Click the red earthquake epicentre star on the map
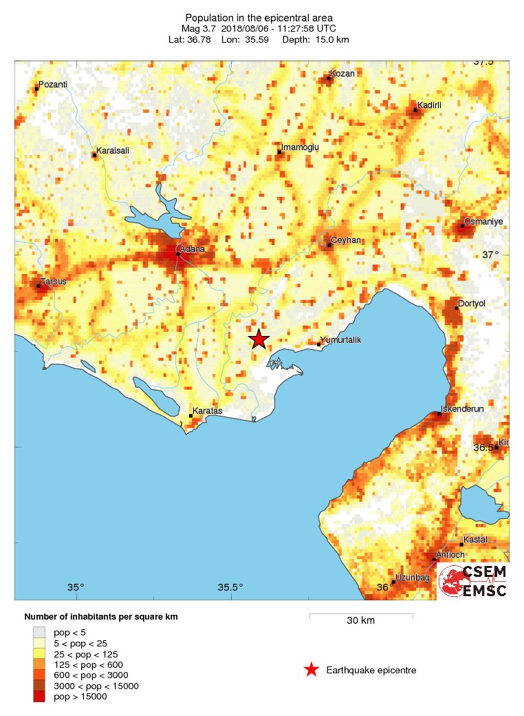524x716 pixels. tap(259, 339)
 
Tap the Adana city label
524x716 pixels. tap(192, 249)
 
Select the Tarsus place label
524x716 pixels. tap(53, 281)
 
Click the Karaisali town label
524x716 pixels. tap(113, 150)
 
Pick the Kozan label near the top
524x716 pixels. tap(342, 74)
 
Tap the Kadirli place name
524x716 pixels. tap(429, 105)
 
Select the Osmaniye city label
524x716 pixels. tap(484, 222)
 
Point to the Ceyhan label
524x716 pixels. tap(346, 240)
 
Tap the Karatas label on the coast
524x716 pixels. tap(207, 411)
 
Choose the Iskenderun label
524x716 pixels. tap(462, 408)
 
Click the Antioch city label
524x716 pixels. tap(451, 555)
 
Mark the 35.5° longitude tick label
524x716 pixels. tap(230, 587)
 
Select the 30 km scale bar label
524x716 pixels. tap(360, 620)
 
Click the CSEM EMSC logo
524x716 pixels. tap(474, 581)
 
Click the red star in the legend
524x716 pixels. tap(312, 670)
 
